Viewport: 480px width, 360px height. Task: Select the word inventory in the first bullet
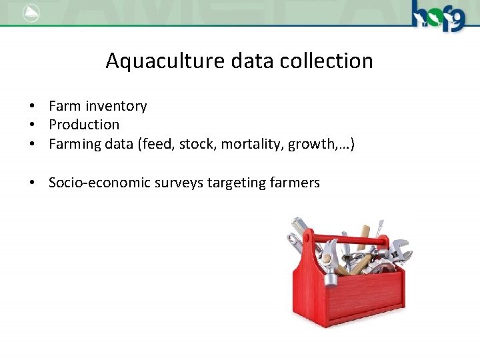click(115, 106)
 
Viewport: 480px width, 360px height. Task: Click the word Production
click(84, 125)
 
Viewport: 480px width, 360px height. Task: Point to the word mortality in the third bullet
click(254, 143)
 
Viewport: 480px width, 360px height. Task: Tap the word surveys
click(178, 183)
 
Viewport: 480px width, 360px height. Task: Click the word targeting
click(233, 183)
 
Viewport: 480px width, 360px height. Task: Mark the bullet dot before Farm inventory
click(31, 107)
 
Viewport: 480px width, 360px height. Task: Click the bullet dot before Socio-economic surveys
click(31, 183)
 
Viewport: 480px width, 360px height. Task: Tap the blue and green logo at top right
click(437, 15)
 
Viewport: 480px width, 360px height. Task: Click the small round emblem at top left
click(31, 13)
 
